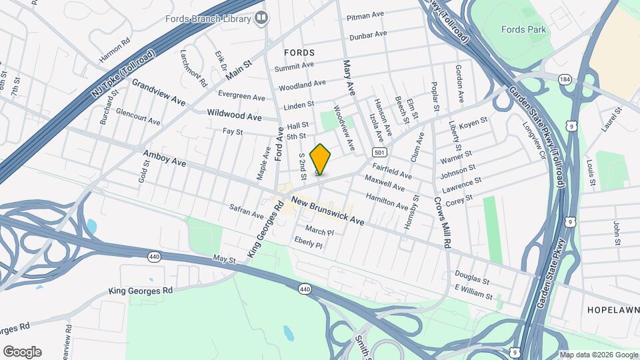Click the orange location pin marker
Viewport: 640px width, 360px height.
[x=320, y=159]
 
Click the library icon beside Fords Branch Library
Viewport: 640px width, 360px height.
[x=262, y=18]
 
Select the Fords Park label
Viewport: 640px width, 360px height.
[x=523, y=29]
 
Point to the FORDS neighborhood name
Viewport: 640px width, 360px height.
[x=299, y=52]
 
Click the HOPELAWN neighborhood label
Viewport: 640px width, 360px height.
[x=612, y=311]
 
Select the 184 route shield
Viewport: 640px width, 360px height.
[x=566, y=80]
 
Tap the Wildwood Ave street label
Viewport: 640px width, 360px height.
[x=235, y=116]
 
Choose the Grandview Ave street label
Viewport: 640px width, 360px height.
[x=159, y=93]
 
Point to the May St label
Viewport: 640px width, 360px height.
[x=225, y=258]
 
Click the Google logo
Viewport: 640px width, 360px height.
[x=21, y=352]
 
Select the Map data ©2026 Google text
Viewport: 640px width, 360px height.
[x=597, y=354]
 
